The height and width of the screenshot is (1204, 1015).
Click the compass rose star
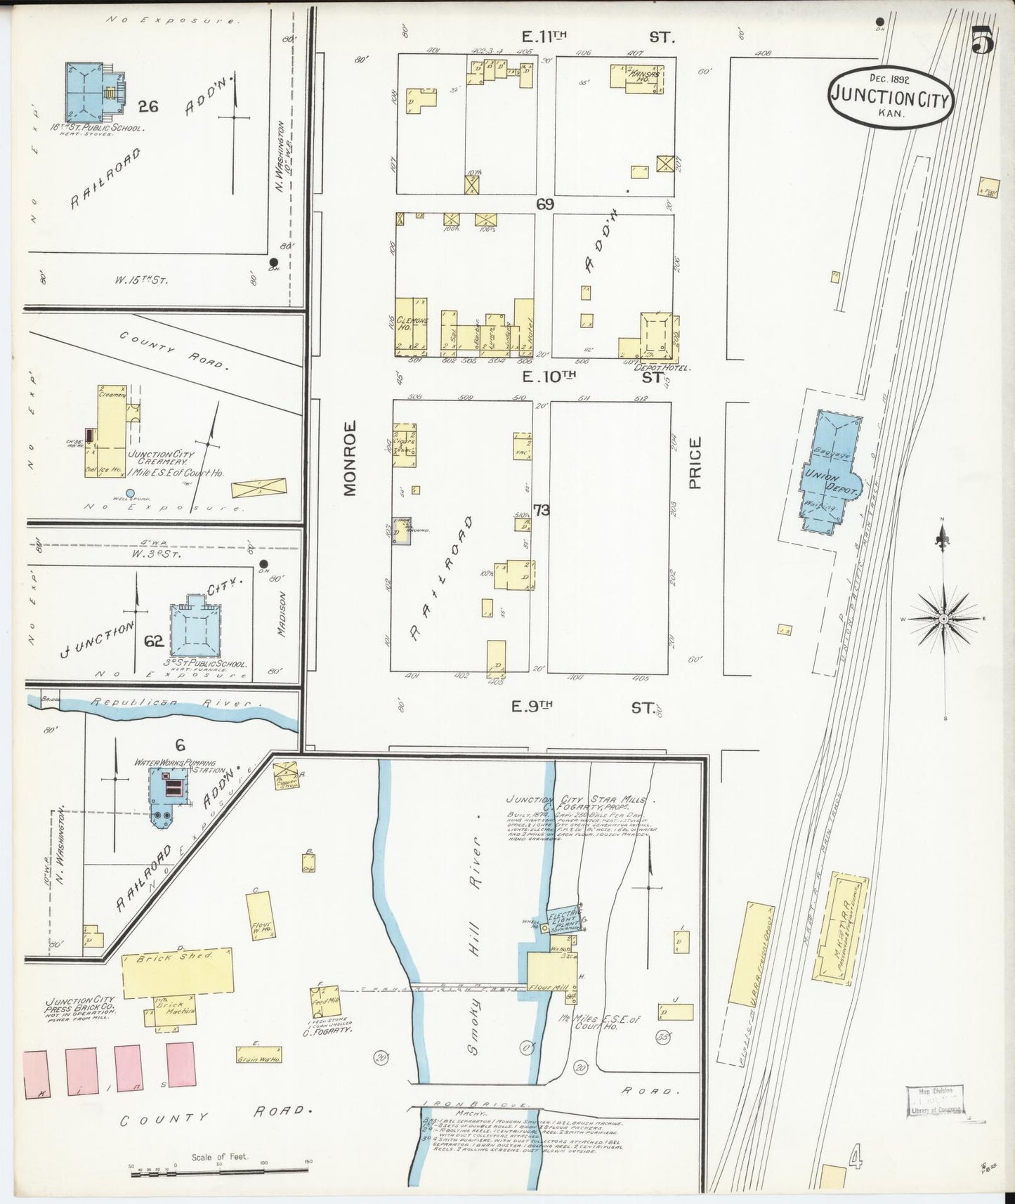[x=944, y=619]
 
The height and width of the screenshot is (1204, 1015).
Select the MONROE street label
[x=351, y=458]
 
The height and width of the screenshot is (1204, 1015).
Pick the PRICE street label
[x=695, y=462]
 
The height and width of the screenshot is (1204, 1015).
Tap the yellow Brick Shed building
[x=177, y=972]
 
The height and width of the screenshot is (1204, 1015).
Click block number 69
[x=544, y=204]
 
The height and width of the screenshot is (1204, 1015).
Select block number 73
[x=541, y=510]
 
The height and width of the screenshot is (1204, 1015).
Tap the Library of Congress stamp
[x=934, y=1099]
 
